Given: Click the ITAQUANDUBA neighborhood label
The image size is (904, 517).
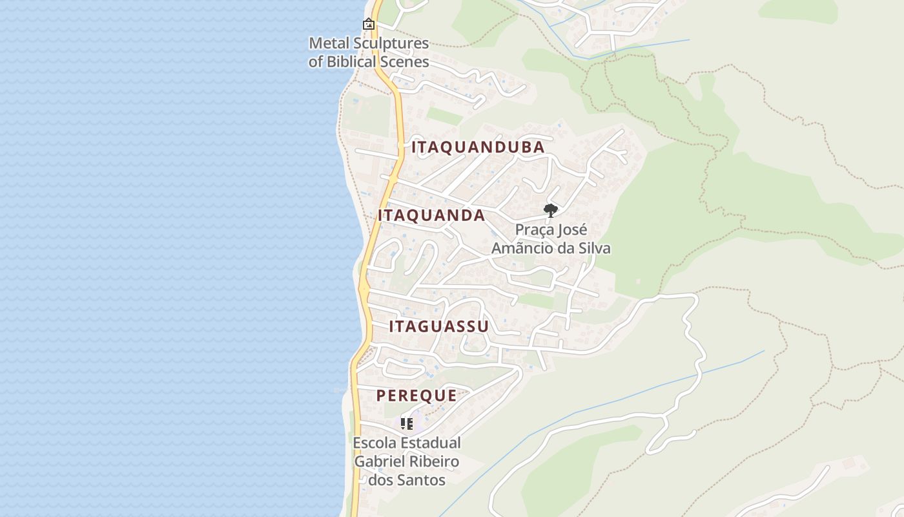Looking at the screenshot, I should pos(478,147).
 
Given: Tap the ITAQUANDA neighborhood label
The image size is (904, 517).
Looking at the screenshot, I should pos(431,216).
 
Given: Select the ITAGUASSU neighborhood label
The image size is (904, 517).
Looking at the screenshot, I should pos(438,326).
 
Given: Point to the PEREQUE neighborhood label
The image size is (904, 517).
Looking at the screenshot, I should pos(416,396).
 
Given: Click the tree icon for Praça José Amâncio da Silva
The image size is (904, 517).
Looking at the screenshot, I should pos(550,210).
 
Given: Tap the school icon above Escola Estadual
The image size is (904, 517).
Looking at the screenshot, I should pos(407,424).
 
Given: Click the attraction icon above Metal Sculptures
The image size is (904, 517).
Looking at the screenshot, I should pos(369,25).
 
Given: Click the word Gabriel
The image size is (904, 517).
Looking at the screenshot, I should pos(379,462).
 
